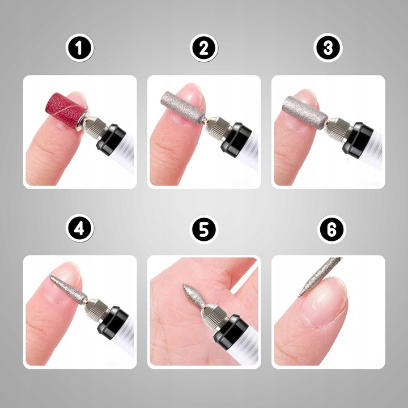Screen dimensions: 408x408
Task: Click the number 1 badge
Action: pos(80,49)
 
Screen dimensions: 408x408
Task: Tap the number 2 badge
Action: pos(204,49)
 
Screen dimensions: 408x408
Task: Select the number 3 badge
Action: pos(328,49)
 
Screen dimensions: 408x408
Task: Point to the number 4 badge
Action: pos(80,229)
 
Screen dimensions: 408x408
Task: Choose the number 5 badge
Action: pos(204,229)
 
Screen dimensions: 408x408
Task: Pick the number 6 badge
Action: pos(328,229)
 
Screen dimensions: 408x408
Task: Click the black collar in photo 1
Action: pos(111,141)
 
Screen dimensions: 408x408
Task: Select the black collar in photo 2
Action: pos(236,139)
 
